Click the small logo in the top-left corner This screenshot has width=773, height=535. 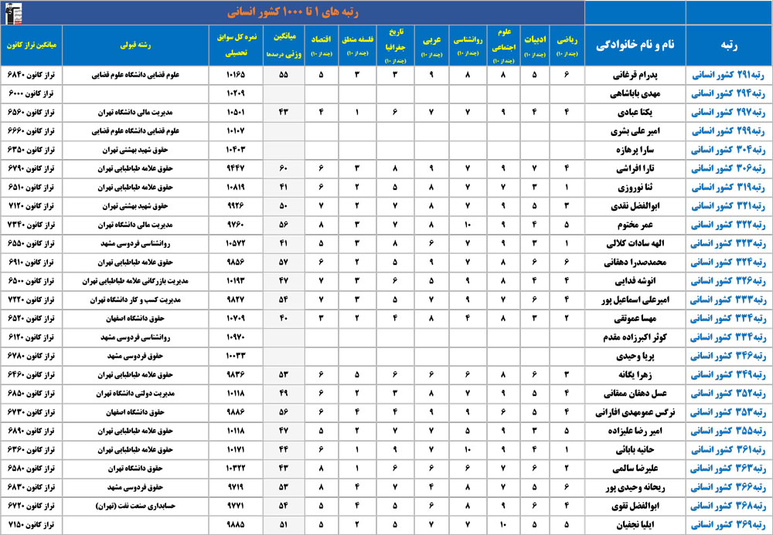pyautogui.click(x=13, y=12)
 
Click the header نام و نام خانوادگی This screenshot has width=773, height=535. pyautogui.click(x=631, y=45)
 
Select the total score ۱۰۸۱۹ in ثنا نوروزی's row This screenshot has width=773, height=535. pyautogui.click(x=237, y=188)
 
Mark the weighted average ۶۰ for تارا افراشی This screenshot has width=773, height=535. pyautogui.click(x=283, y=169)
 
